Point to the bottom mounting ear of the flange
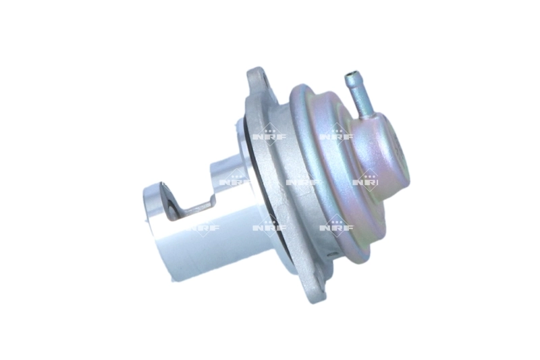pyautogui.click(x=317, y=286)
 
